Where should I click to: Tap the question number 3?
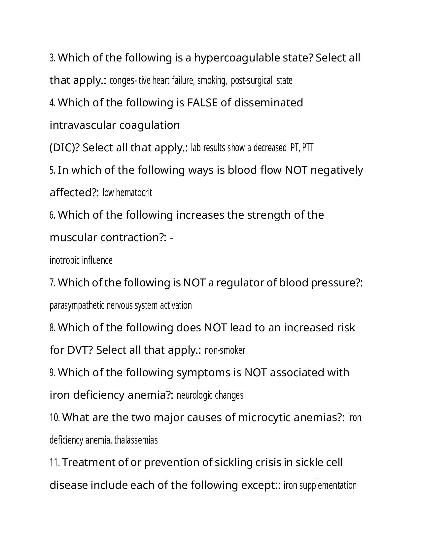pyautogui.click(x=53, y=58)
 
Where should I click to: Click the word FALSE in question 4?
pyautogui.click(x=202, y=103)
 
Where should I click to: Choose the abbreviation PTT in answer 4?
pyautogui.click(x=307, y=148)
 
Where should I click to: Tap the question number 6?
pyautogui.click(x=53, y=215)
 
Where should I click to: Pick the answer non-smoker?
pyautogui.click(x=225, y=350)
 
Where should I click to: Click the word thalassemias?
pyautogui.click(x=136, y=440)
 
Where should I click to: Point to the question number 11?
pyautogui.click(x=55, y=462)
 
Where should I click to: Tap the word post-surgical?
pyautogui.click(x=252, y=80)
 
